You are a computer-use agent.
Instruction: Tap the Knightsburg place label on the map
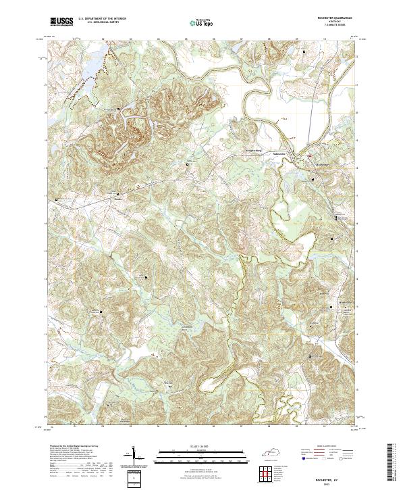pos(251,151)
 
